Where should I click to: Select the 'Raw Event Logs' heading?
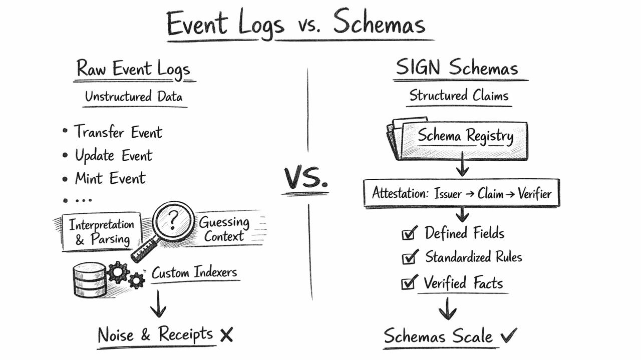[x=133, y=69]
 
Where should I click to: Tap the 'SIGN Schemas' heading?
[x=456, y=68]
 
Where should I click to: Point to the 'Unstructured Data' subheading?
[x=133, y=96]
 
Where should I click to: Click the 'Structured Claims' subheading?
[x=458, y=95]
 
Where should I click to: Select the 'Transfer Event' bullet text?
[x=118, y=132]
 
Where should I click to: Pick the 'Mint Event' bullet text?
[x=110, y=178]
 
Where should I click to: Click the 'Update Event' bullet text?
[x=114, y=155]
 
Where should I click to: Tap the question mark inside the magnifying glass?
[x=173, y=219]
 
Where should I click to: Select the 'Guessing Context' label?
[x=224, y=229]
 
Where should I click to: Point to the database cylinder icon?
[x=90, y=279]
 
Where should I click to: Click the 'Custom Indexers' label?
[x=194, y=273]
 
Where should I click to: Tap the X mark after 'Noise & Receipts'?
[x=226, y=335]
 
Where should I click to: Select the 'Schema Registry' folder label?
[x=465, y=136]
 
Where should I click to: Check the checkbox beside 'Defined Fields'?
[x=409, y=233]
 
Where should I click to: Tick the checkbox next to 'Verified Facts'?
[x=409, y=283]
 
